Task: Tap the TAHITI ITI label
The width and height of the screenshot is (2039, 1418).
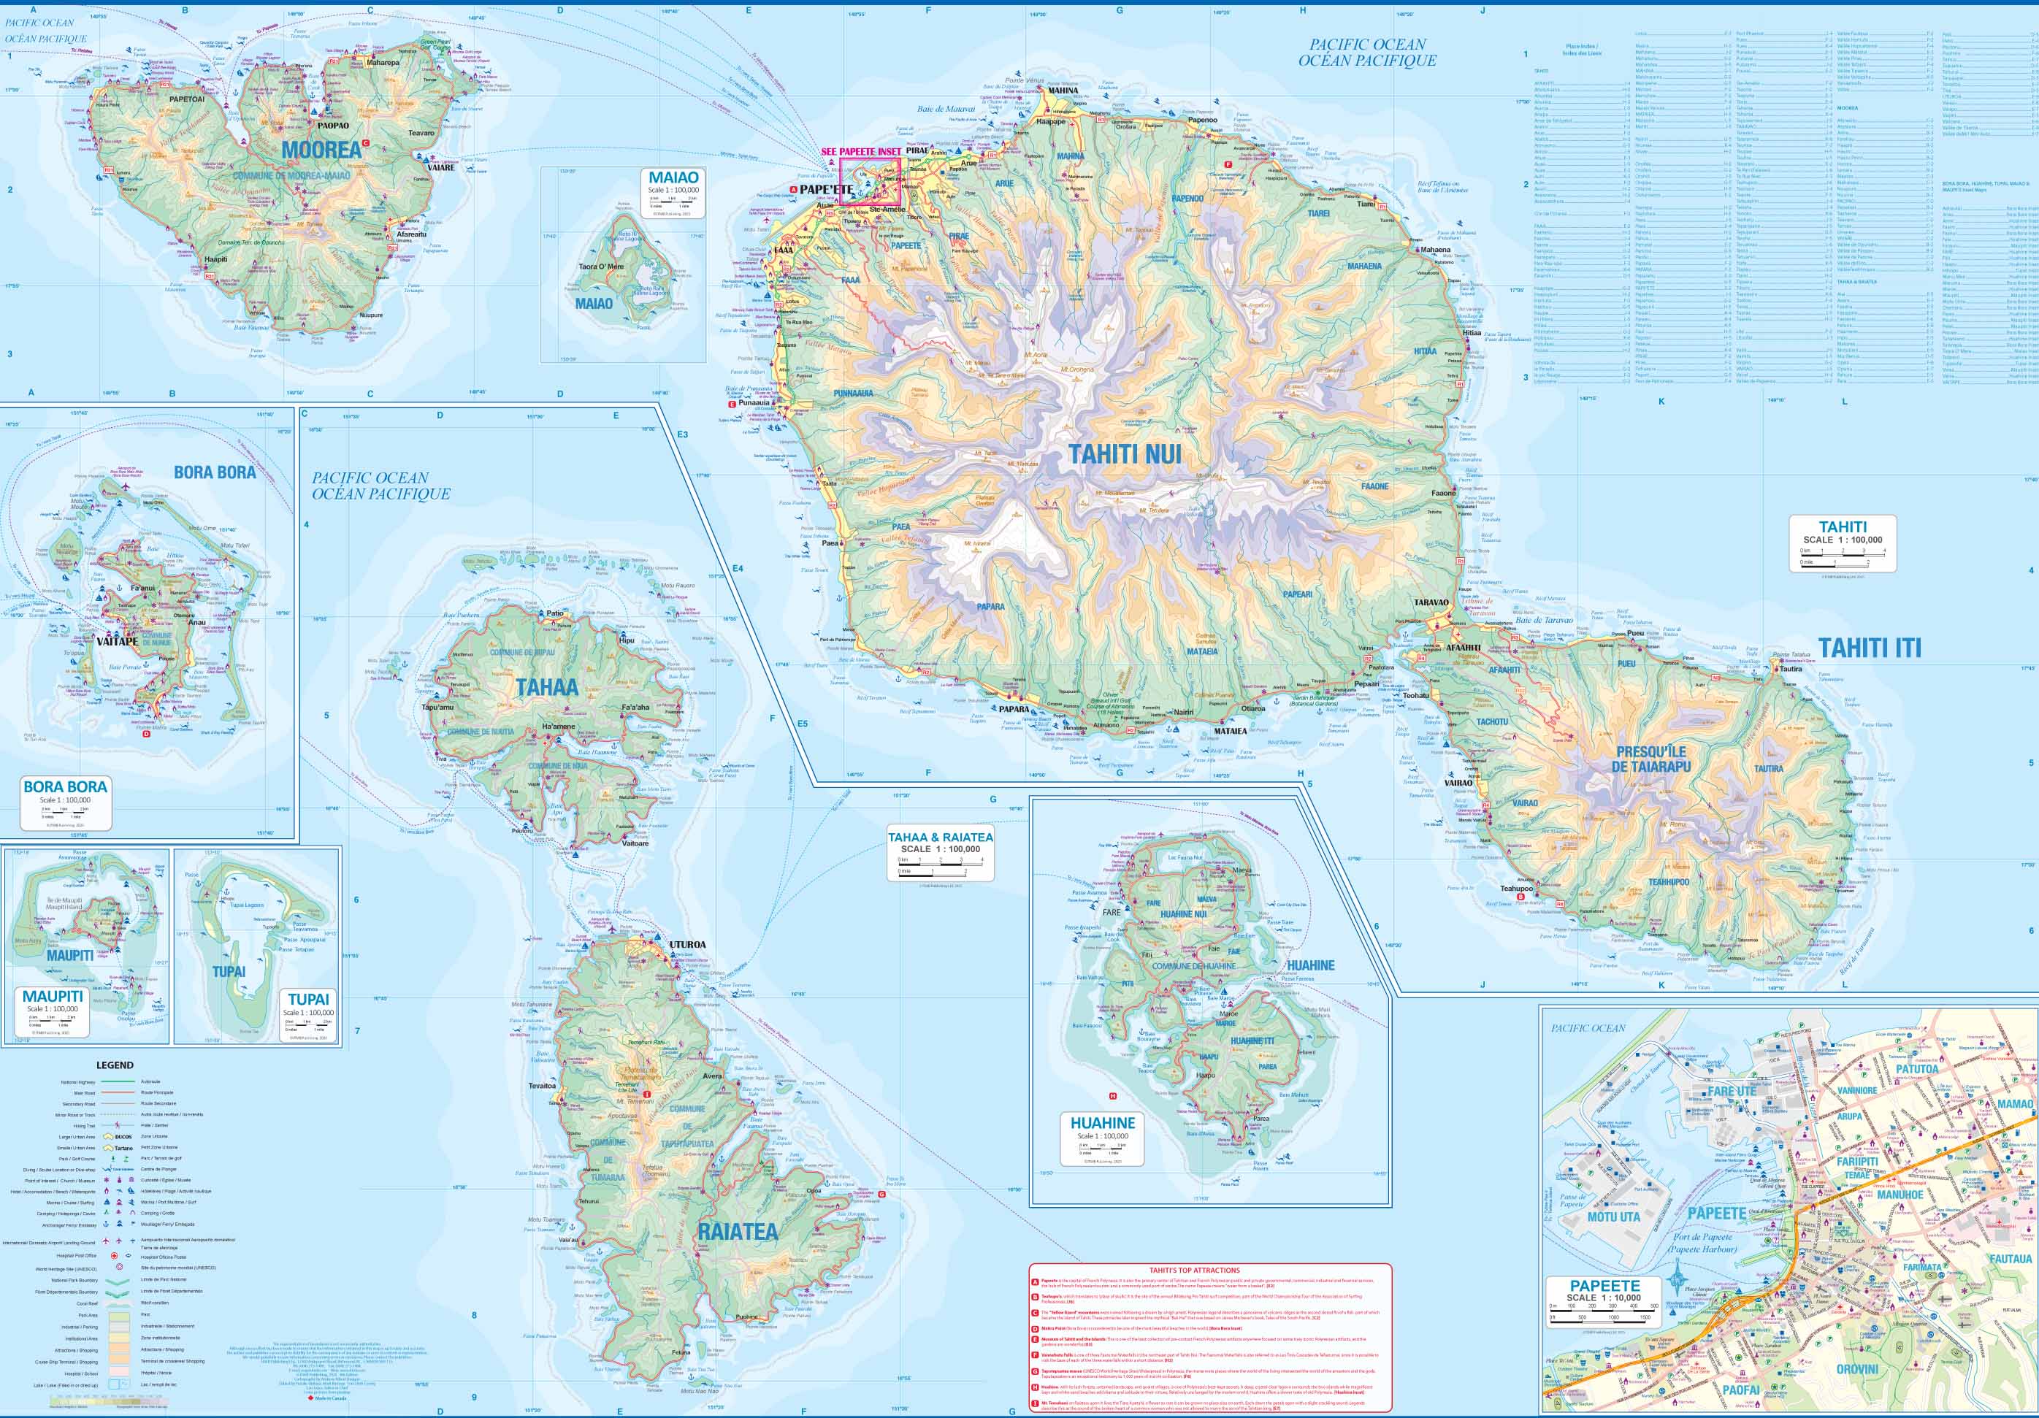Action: tap(1869, 648)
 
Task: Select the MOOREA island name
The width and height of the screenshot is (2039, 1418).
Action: tap(321, 150)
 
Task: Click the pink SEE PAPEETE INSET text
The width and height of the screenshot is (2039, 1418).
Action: tap(860, 152)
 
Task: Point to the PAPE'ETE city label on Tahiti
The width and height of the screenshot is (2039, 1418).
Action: tap(826, 189)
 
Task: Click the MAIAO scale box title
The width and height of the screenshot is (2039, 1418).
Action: tap(673, 177)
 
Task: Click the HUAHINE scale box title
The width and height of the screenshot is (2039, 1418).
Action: tap(1102, 1123)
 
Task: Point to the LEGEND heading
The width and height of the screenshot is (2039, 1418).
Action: tap(115, 1065)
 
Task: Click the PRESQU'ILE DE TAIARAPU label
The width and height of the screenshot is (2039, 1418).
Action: tap(1651, 758)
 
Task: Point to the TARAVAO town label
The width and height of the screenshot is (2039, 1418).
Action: tap(1431, 602)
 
